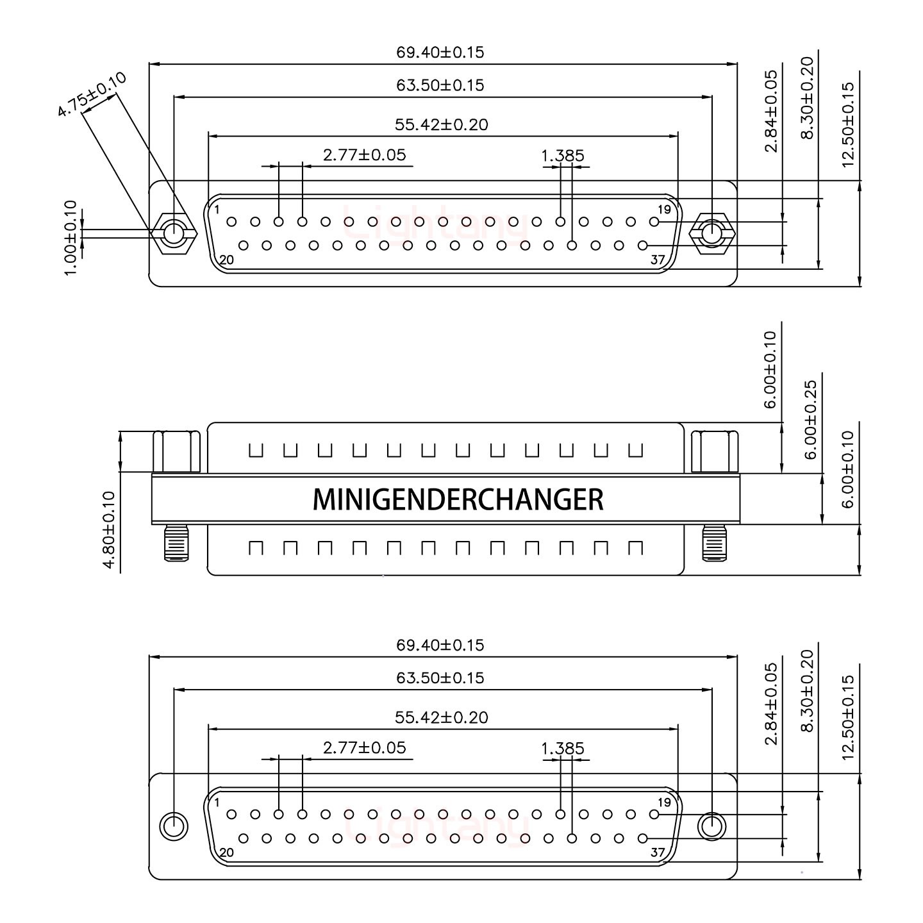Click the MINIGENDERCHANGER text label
(458, 499)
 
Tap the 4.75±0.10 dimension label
(92, 95)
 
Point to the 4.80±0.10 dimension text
(109, 529)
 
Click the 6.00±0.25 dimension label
(811, 420)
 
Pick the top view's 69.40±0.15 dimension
(440, 53)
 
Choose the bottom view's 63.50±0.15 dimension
(440, 678)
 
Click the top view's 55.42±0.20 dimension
(441, 124)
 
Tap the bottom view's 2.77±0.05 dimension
(364, 748)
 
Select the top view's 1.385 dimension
(563, 156)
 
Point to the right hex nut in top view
(711, 233)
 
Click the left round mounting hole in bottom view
(173, 826)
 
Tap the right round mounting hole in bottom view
(711, 826)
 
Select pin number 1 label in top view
(217, 210)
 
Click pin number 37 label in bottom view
(657, 852)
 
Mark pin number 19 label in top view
(664, 210)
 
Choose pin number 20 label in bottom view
(226, 852)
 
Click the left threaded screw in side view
(177, 542)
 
